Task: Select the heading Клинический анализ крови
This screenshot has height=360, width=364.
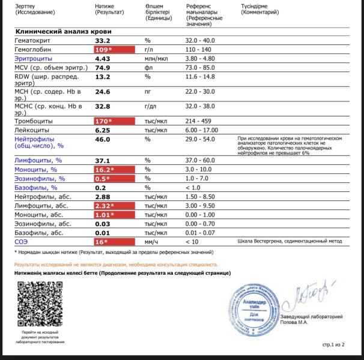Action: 62,31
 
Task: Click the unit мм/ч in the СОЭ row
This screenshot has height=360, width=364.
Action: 153,242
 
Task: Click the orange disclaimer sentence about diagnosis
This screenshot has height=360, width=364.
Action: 116,263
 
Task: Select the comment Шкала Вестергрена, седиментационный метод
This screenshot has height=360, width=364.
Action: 288,242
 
